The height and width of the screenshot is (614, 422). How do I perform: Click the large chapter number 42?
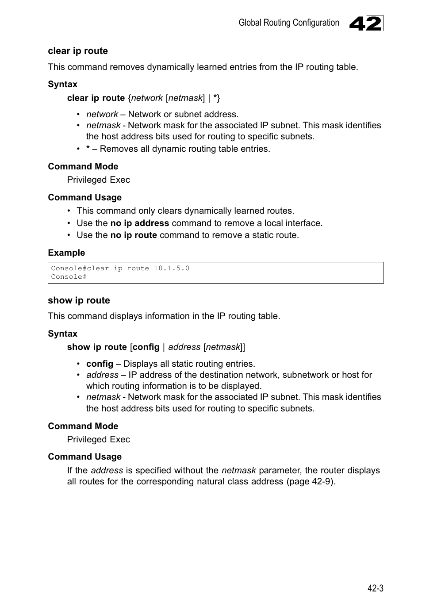pyautogui.click(x=365, y=23)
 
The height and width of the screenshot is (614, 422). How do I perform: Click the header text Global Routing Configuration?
pyautogui.click(x=288, y=23)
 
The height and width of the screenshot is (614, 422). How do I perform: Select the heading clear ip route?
pyautogui.click(x=78, y=51)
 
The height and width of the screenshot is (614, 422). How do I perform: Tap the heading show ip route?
pyautogui.click(x=79, y=300)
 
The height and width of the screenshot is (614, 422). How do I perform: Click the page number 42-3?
pyautogui.click(x=375, y=588)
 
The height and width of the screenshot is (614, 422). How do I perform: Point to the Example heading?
pyautogui.click(x=66, y=253)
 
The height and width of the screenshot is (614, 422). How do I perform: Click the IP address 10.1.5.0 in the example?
pyautogui.click(x=171, y=268)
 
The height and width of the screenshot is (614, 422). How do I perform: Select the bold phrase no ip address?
pyautogui.click(x=139, y=223)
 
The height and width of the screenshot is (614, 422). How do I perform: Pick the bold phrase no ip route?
pyautogui.click(x=134, y=235)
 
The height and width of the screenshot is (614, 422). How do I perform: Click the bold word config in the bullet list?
pyautogui.click(x=100, y=364)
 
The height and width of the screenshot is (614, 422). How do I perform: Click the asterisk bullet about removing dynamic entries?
pyautogui.click(x=88, y=149)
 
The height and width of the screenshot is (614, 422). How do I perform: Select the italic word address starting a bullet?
pyautogui.click(x=102, y=375)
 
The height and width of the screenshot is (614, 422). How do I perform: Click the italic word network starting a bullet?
pyautogui.click(x=102, y=114)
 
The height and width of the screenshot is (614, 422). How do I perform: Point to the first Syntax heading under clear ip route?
pyautogui.click(x=62, y=84)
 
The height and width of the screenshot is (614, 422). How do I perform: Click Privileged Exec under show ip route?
pyautogui.click(x=98, y=439)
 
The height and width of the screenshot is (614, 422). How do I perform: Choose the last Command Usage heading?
pyautogui.click(x=84, y=457)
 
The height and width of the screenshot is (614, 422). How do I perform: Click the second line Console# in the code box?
pyautogui.click(x=69, y=276)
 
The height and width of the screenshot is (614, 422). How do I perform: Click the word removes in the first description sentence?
pyautogui.click(x=127, y=67)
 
